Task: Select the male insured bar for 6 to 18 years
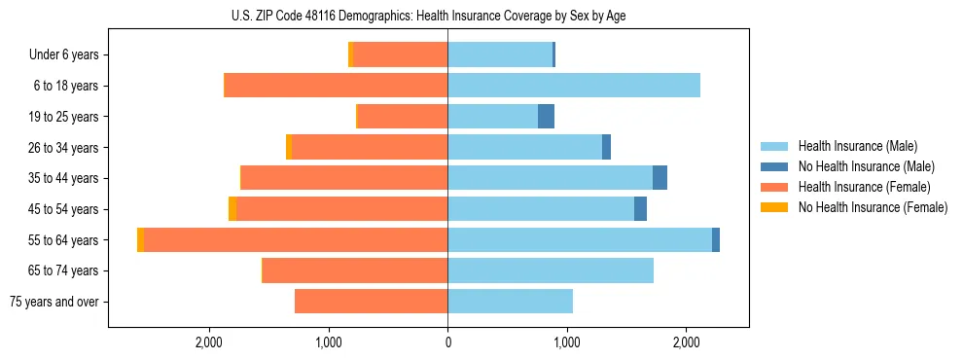pyautogui.click(x=574, y=86)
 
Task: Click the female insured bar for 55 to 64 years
pyautogui.click(x=296, y=239)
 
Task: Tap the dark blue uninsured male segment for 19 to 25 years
pyautogui.click(x=546, y=117)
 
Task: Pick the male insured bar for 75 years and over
pyautogui.click(x=510, y=302)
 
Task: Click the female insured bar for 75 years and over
pyautogui.click(x=371, y=302)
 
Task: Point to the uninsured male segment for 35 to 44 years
pyautogui.click(x=660, y=178)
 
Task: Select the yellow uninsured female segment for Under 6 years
pyautogui.click(x=350, y=55)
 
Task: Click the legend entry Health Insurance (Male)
pyautogui.click(x=857, y=146)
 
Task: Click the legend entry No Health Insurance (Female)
pyautogui.click(x=872, y=207)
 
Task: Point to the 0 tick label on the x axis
pyautogui.click(x=447, y=342)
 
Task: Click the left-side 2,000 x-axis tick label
pyautogui.click(x=209, y=342)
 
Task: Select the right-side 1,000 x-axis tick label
pyautogui.click(x=567, y=342)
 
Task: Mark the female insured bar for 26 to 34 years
pyautogui.click(x=370, y=147)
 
